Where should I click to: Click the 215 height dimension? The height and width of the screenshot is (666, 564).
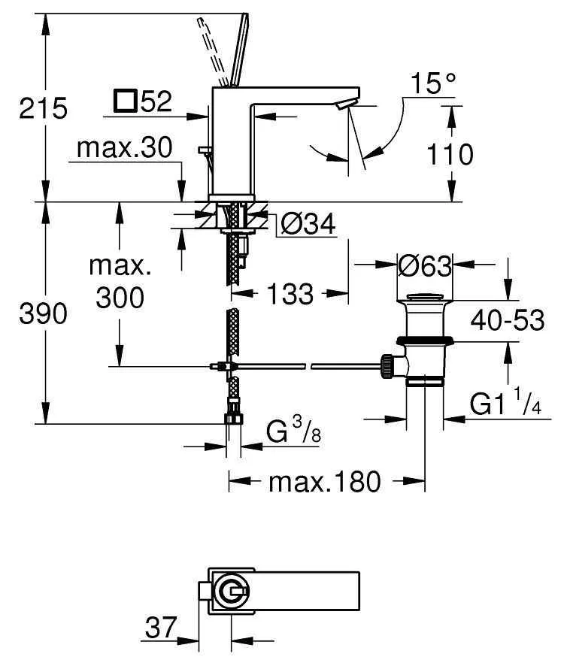click(x=43, y=108)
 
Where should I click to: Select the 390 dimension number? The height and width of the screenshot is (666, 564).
click(x=43, y=314)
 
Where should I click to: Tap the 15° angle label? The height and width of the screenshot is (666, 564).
click(x=433, y=83)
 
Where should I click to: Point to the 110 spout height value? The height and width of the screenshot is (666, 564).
click(x=450, y=154)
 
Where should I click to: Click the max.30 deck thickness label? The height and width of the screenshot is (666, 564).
click(x=125, y=147)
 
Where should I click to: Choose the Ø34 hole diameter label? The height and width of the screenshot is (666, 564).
click(x=308, y=223)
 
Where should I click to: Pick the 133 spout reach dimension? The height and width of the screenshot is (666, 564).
click(x=290, y=293)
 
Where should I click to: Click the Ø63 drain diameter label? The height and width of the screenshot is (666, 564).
click(x=425, y=266)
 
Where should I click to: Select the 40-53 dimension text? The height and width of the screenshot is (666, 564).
click(x=508, y=319)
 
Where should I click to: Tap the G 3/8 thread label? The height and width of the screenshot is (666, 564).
click(x=293, y=429)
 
